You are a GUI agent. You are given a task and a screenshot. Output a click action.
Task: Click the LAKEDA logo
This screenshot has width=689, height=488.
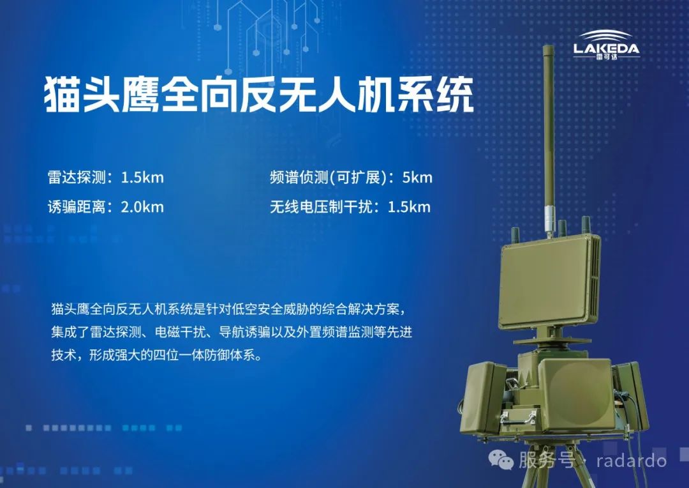coord(607,45)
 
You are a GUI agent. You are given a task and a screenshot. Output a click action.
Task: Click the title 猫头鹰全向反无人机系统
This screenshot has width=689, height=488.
coord(259,95)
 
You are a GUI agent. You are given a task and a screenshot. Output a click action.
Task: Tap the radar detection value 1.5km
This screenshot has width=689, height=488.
coord(142,178)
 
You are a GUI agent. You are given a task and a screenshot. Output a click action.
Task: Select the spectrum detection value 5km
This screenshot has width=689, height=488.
coord(417,178)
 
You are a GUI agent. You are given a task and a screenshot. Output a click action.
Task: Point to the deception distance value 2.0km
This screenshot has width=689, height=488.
coord(142,207)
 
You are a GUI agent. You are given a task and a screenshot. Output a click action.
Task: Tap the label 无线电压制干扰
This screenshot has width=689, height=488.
coord(321,207)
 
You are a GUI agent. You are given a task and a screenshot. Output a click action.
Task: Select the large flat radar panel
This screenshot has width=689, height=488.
coord(549,282)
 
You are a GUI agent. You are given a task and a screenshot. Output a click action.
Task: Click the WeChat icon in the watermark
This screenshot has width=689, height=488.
coord(501,461)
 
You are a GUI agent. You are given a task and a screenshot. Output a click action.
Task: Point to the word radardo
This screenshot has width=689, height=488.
coord(632,461)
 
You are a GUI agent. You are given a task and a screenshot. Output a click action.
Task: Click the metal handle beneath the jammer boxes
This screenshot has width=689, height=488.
coord(519,417)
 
